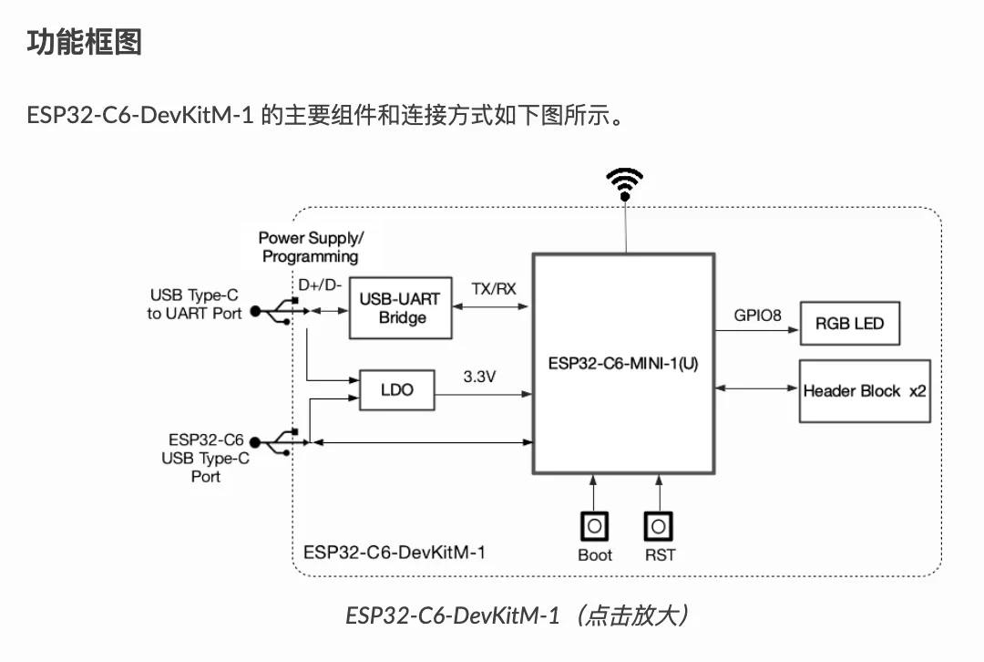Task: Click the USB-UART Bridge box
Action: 400,308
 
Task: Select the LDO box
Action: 396,389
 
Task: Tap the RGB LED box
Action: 849,324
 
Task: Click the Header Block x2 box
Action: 865,391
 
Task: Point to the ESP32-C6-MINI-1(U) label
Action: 623,362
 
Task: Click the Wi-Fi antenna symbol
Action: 625,184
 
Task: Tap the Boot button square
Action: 594,526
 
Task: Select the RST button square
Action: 659,526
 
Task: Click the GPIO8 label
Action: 758,315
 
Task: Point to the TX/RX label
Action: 493,289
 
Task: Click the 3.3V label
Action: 479,376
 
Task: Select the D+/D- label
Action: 320,285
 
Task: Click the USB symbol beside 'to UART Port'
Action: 272,312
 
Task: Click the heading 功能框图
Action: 84,41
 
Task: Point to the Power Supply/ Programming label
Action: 311,247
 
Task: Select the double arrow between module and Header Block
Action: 757,389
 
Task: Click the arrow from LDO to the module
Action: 483,394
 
